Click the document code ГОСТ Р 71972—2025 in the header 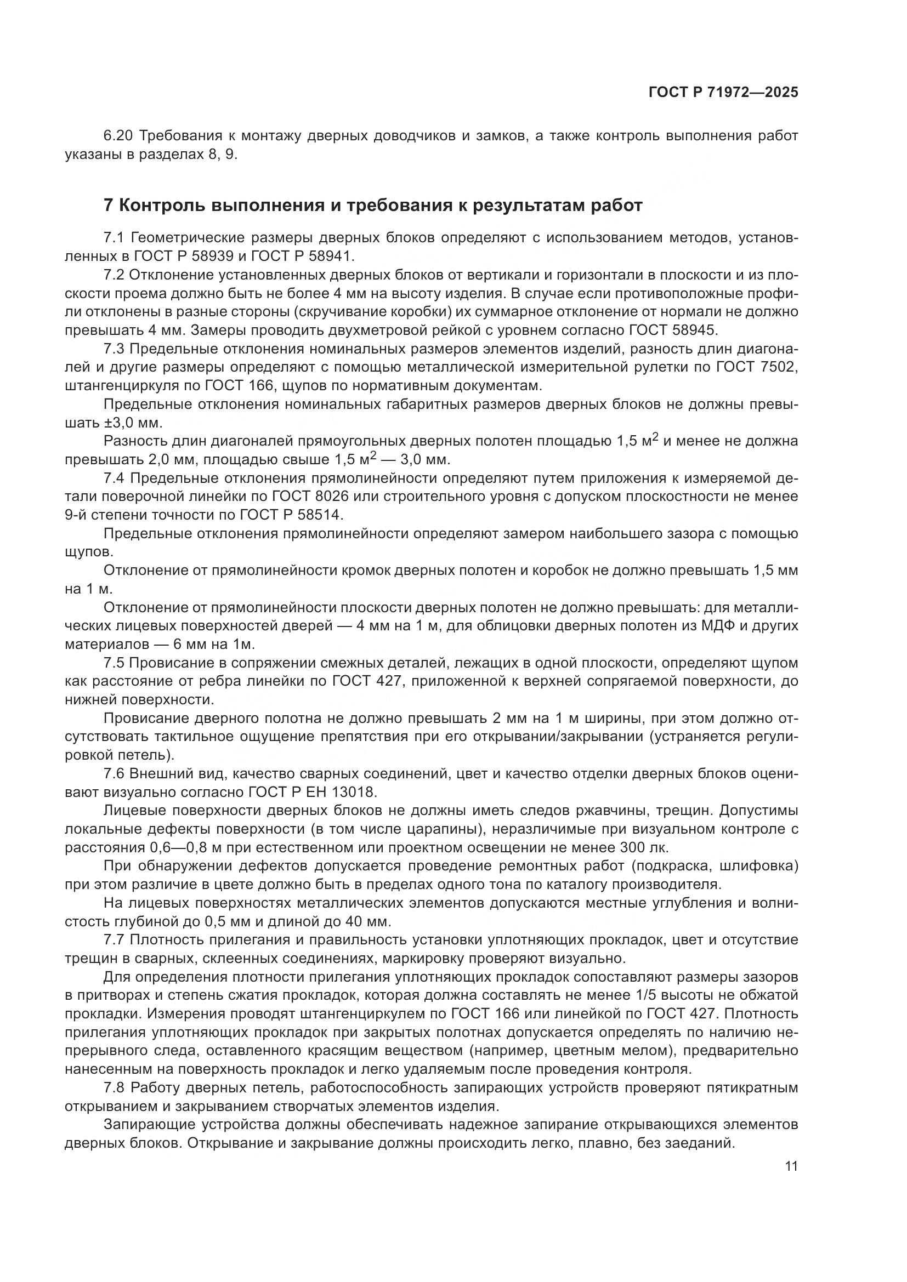(x=723, y=93)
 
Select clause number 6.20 (x=117, y=136)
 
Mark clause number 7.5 (x=116, y=663)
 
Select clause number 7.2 (x=116, y=275)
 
